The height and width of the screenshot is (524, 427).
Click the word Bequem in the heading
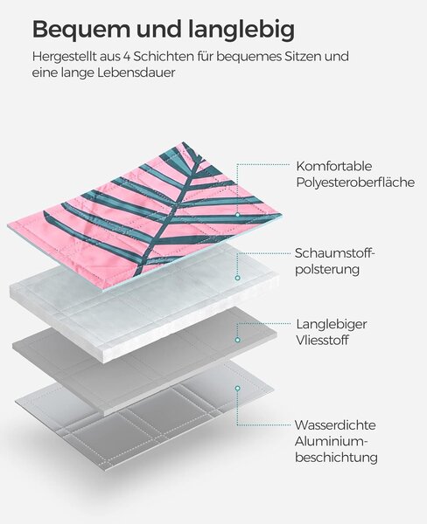(x=81, y=30)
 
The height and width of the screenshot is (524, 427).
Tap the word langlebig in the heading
(x=241, y=30)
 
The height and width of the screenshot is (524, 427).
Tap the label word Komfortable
(x=334, y=166)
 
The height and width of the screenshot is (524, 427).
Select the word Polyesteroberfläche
(x=355, y=183)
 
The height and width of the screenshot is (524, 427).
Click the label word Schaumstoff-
(x=334, y=253)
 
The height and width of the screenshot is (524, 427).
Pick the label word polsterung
(x=327, y=269)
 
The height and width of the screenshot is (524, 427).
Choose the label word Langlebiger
(x=332, y=324)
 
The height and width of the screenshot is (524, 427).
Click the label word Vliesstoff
(x=323, y=341)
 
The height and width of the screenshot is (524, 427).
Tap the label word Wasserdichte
(x=335, y=425)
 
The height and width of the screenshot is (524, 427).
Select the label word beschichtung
(x=336, y=458)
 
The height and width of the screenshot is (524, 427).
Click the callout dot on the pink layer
(x=237, y=215)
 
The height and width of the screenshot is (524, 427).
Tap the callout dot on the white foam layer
(x=237, y=278)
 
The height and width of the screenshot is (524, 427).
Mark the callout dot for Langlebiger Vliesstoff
(x=237, y=340)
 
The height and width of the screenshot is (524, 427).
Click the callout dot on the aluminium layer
(x=237, y=389)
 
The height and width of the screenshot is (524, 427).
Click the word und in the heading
(x=159, y=30)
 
